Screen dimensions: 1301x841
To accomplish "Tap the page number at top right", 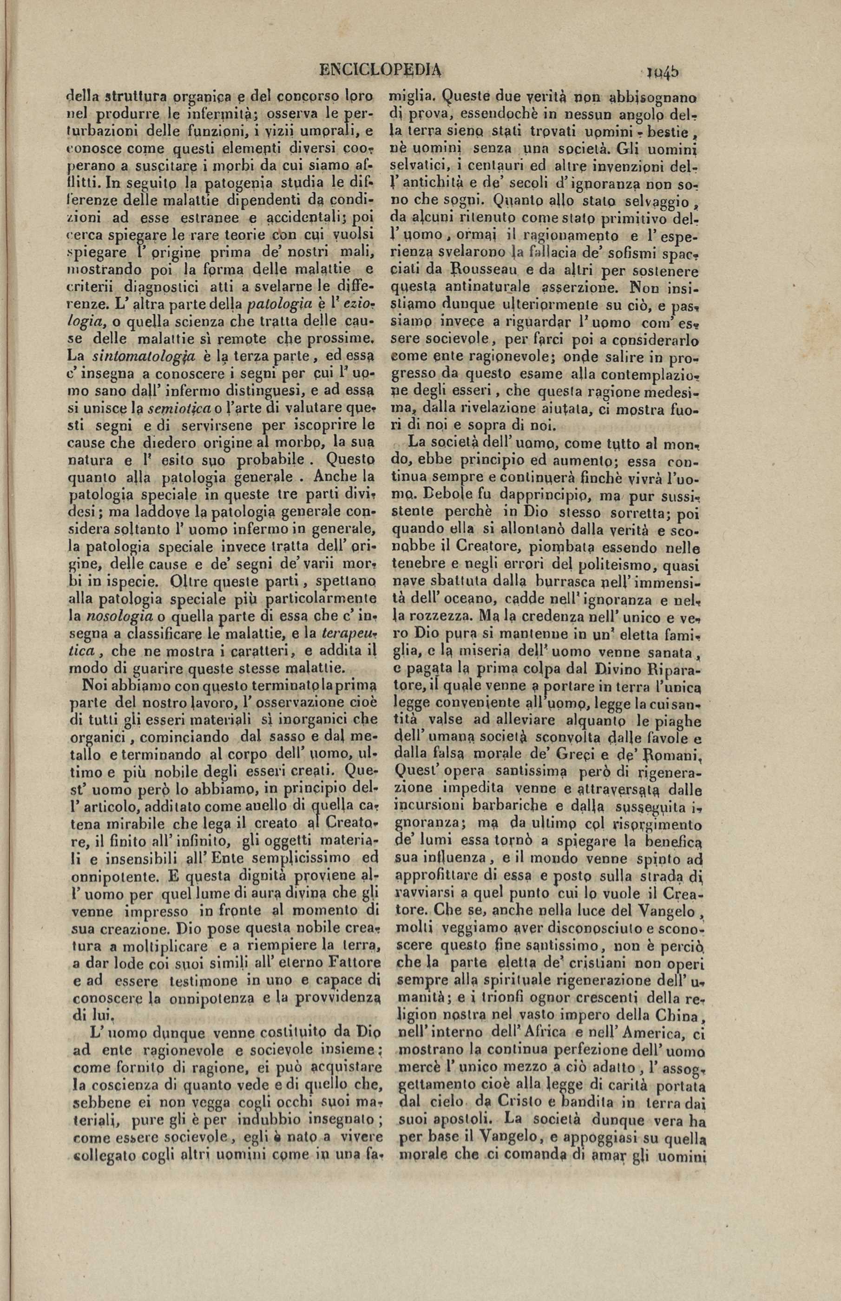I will click(662, 72).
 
